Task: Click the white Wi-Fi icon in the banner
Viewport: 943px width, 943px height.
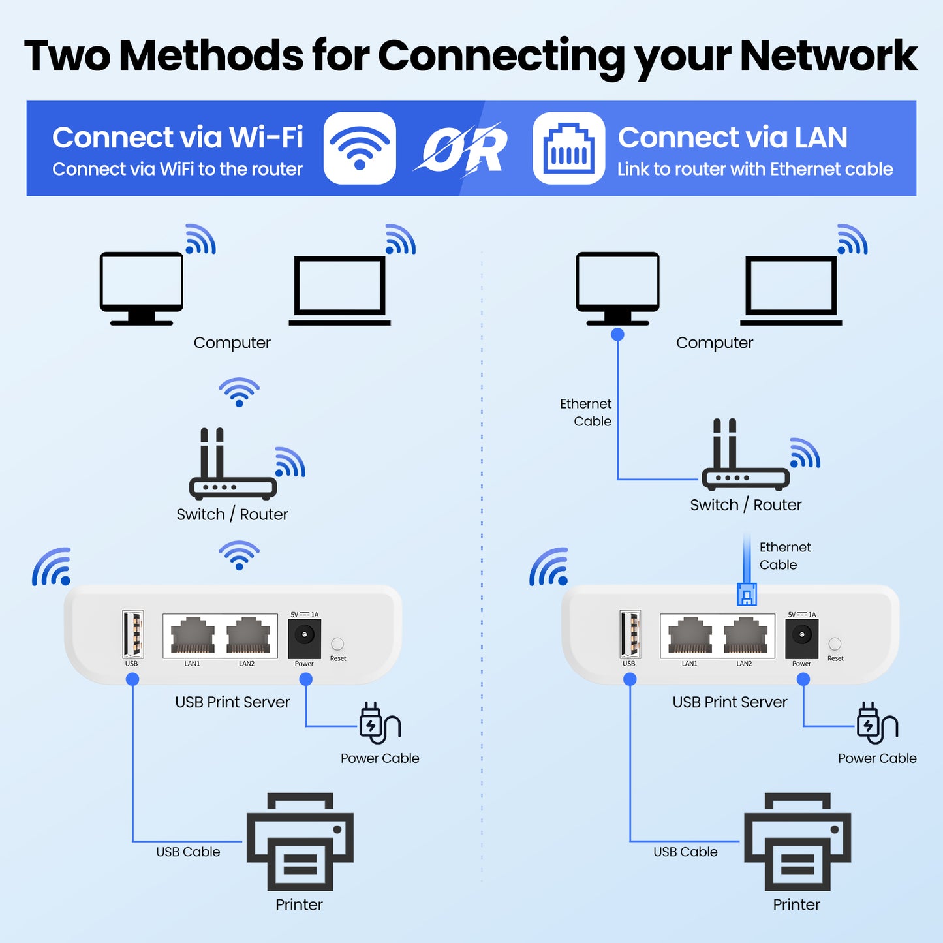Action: [360, 148]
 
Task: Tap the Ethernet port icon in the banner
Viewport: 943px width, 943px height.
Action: [568, 148]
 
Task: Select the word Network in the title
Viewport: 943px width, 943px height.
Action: [828, 55]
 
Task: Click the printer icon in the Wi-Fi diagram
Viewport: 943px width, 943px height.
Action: [300, 842]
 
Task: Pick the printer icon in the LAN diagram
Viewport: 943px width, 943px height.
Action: [797, 842]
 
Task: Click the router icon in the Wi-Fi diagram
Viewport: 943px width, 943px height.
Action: [232, 465]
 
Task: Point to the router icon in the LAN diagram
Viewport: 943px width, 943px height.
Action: [745, 456]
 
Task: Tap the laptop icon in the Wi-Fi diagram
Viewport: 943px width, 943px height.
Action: [339, 290]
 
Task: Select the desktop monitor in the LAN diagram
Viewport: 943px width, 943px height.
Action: [617, 288]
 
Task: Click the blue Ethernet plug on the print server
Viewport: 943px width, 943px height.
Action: [747, 594]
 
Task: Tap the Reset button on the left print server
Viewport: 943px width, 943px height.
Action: [337, 644]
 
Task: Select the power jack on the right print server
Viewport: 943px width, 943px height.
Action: [801, 635]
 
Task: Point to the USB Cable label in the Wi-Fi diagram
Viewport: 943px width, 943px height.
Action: [188, 852]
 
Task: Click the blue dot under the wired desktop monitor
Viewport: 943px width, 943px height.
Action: [617, 335]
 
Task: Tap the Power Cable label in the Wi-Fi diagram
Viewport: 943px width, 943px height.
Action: [380, 758]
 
